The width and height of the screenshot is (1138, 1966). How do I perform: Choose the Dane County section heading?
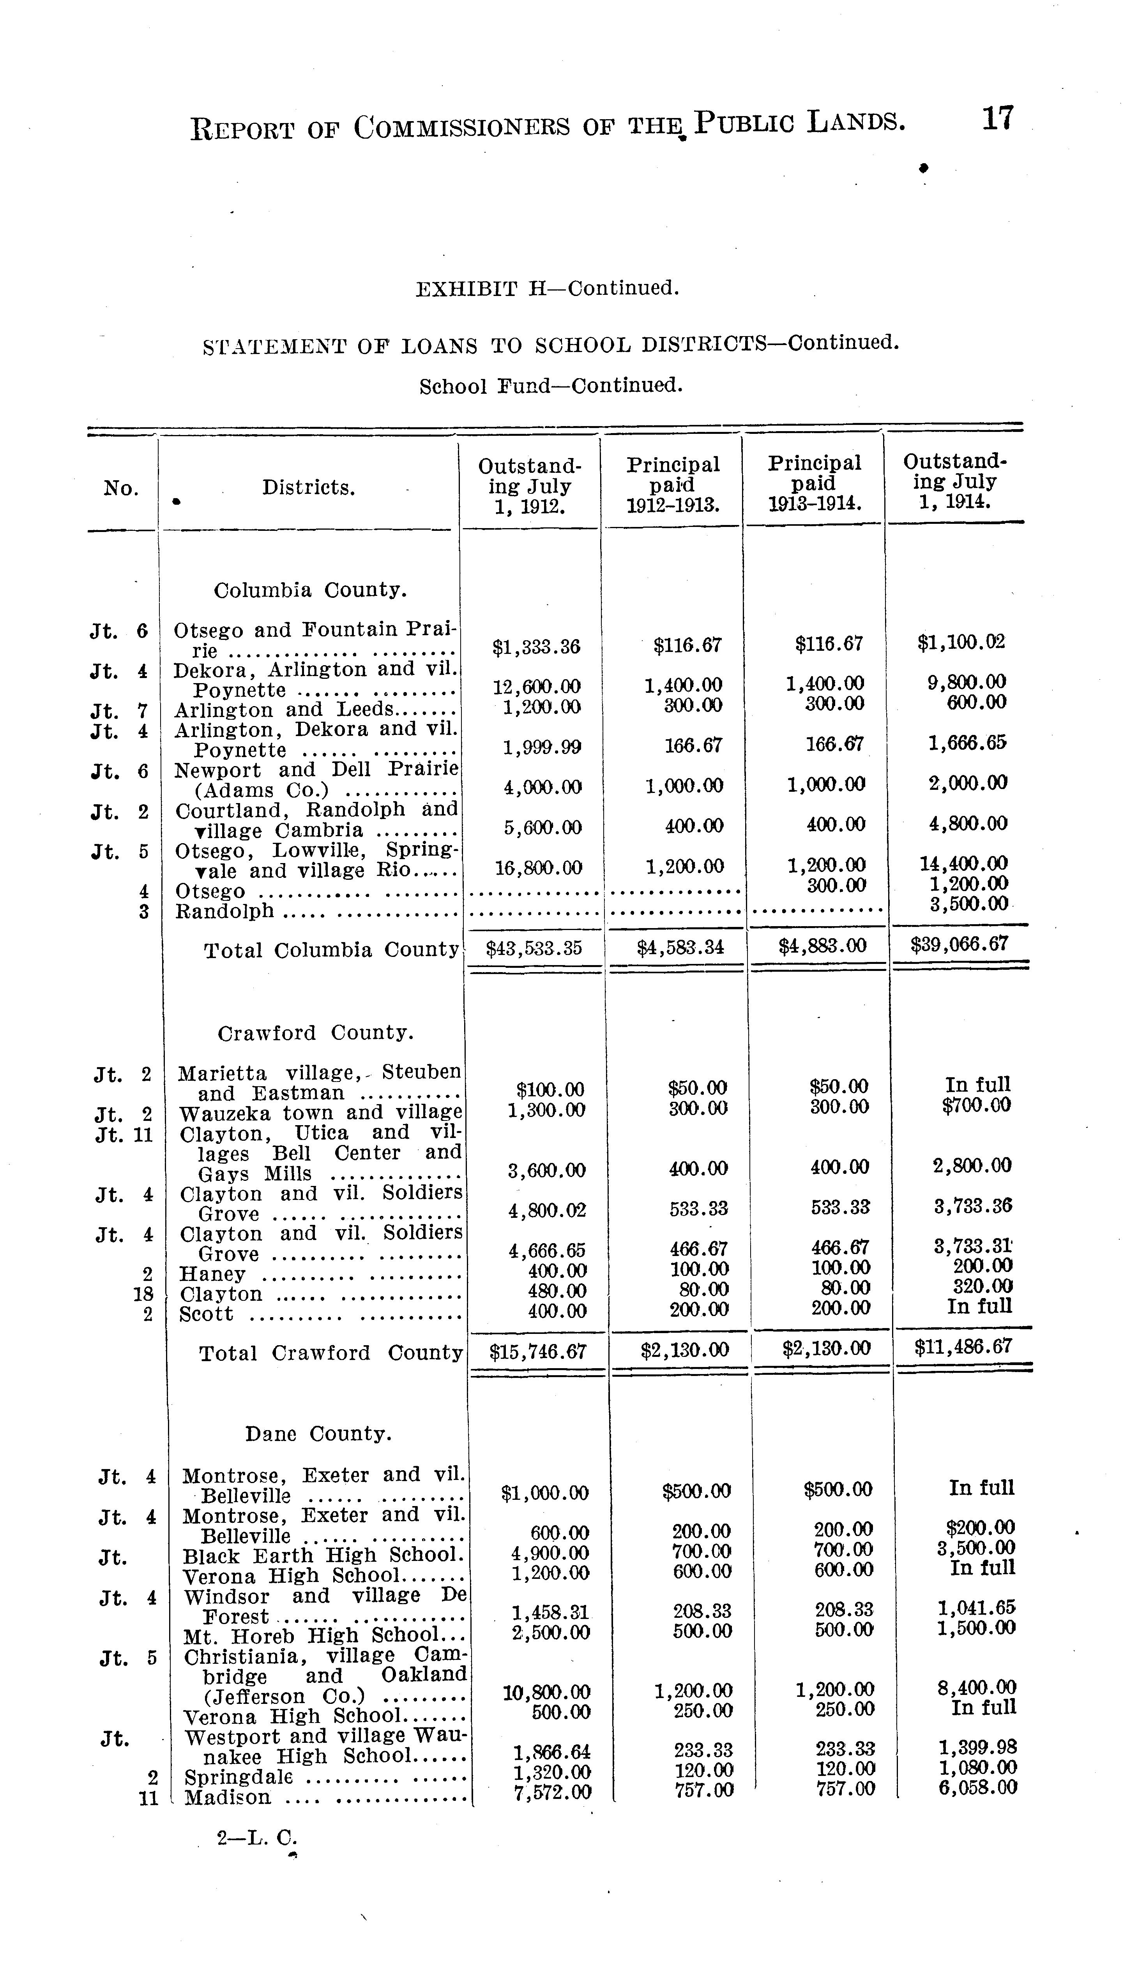[318, 1434]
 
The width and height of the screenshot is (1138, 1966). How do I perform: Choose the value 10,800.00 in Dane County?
[546, 1692]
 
